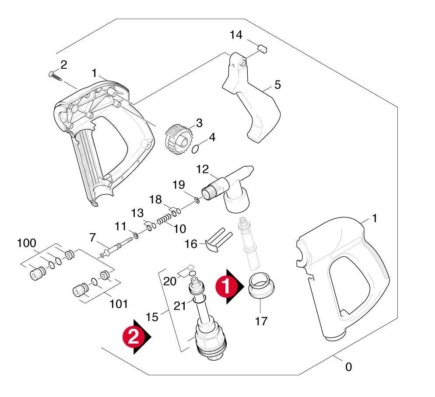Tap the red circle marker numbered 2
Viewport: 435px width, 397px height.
coord(133,336)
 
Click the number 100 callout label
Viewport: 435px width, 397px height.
coord(27,243)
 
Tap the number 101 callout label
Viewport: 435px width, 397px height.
coord(119,303)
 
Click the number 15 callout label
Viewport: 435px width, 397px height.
coord(151,316)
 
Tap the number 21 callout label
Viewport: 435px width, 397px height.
coord(180,306)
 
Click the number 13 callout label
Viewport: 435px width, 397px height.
coord(137,213)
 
